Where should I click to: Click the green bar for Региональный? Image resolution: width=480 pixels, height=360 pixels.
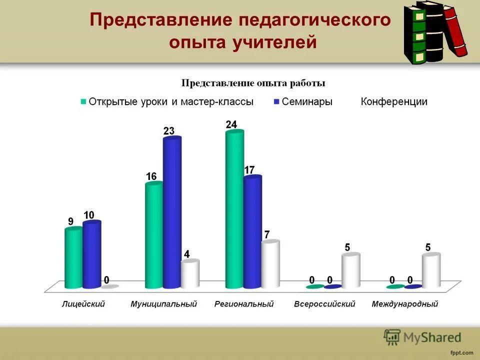pyautogui.click(x=234, y=210)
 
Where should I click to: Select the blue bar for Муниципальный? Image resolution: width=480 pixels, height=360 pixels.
pyautogui.click(x=172, y=212)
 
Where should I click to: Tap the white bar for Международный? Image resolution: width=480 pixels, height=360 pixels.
pyautogui.click(x=431, y=270)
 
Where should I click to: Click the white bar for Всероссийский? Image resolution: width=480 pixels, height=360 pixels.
pyautogui.click(x=350, y=270)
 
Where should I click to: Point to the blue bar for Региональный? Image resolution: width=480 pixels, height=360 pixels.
pyautogui.click(x=252, y=232)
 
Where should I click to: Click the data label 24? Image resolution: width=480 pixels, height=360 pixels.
pyautogui.click(x=231, y=124)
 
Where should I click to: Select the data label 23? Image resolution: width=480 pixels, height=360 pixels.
pyautogui.click(x=169, y=131)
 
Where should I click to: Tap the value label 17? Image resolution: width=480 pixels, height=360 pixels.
pyautogui.click(x=249, y=170)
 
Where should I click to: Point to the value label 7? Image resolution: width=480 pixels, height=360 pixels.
pyautogui.click(x=267, y=234)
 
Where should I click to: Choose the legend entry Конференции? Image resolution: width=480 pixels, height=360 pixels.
pyautogui.click(x=394, y=101)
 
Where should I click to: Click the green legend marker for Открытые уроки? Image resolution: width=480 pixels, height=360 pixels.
pyautogui.click(x=83, y=101)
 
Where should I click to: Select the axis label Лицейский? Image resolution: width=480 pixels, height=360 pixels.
pyautogui.click(x=83, y=304)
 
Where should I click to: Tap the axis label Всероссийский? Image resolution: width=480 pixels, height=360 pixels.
pyautogui.click(x=324, y=304)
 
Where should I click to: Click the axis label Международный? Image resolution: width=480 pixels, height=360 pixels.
pyautogui.click(x=405, y=304)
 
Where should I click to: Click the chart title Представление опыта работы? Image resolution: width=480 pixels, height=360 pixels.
pyautogui.click(x=253, y=82)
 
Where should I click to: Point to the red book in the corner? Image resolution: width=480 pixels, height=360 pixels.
pyautogui.click(x=456, y=30)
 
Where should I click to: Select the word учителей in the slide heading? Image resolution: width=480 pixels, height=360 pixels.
pyautogui.click(x=274, y=42)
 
